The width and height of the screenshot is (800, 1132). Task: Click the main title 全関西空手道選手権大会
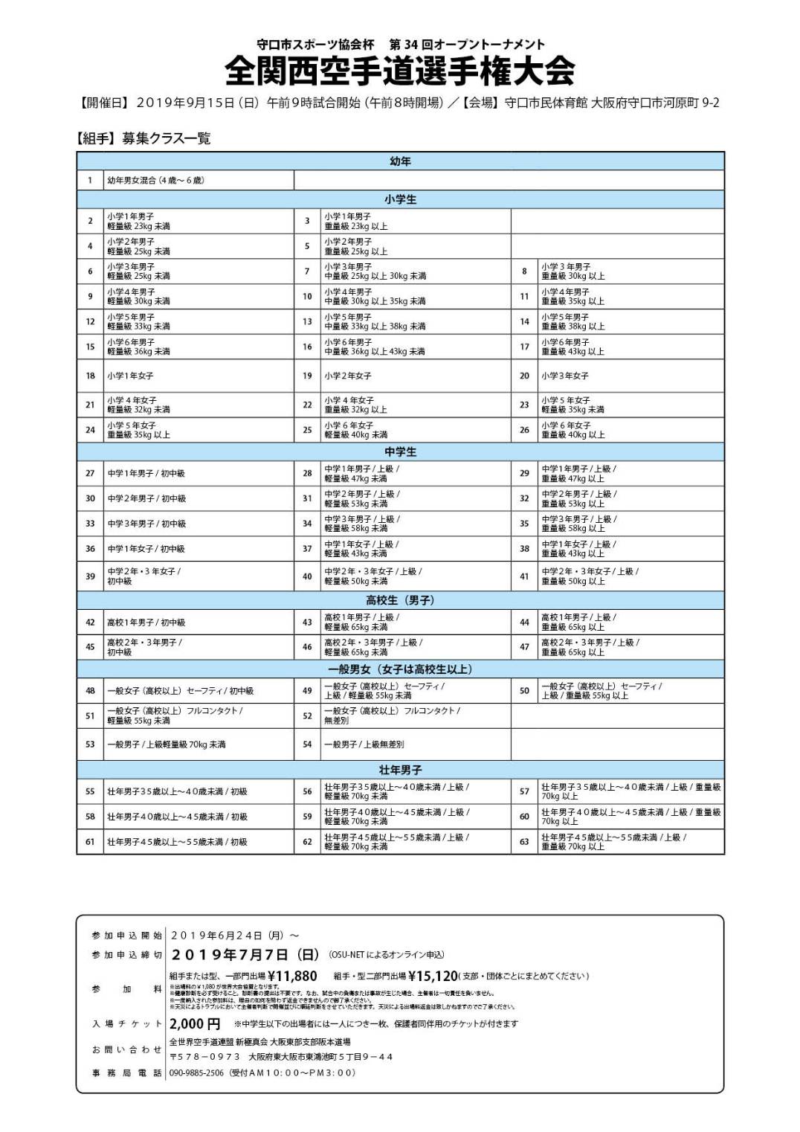(400, 72)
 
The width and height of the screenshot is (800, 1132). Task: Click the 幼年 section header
(400, 161)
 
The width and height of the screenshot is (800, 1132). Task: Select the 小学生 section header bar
(400, 199)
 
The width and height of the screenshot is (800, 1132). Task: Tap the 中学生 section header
(400, 451)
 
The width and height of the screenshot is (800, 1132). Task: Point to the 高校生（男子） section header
(400, 600)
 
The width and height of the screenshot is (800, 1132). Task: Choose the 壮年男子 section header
(400, 770)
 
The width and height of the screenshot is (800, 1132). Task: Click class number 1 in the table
(90, 180)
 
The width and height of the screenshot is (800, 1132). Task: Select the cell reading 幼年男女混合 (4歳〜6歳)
(155, 180)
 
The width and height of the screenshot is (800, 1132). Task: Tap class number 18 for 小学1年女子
(90, 376)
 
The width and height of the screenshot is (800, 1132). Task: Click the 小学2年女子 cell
(348, 376)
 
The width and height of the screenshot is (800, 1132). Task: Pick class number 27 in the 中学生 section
(90, 473)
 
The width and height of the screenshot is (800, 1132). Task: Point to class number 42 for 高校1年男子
(90, 623)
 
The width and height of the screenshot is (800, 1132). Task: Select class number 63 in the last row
(524, 842)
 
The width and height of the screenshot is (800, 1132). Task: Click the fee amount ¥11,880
(292, 977)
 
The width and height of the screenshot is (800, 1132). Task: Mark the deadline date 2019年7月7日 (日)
(246, 955)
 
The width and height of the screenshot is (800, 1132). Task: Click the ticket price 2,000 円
(195, 1024)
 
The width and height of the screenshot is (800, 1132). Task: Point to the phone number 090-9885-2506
(196, 1072)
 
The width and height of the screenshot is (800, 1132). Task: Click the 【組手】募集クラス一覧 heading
(143, 138)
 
